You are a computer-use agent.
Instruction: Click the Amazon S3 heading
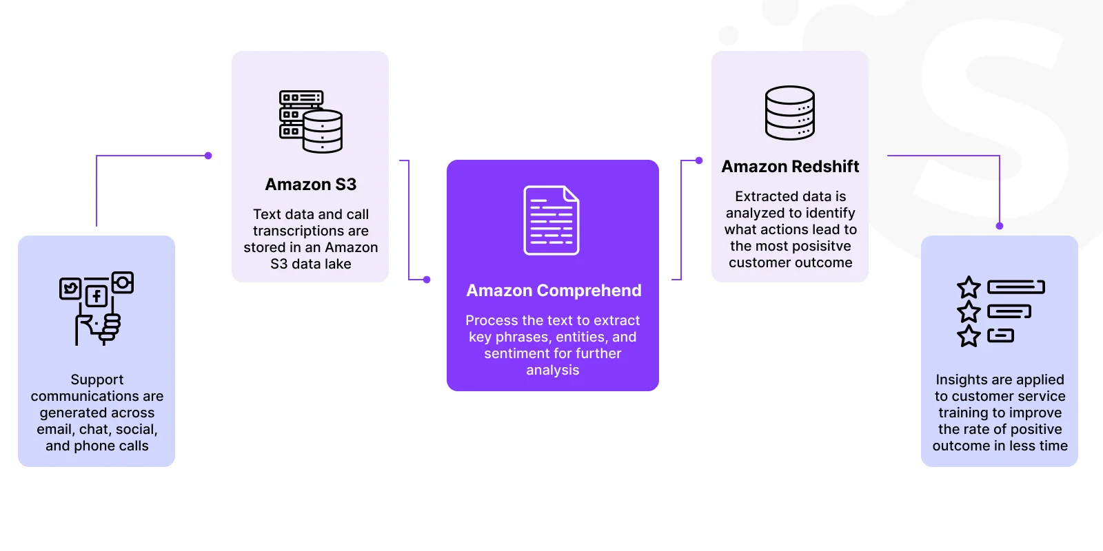pos(310,184)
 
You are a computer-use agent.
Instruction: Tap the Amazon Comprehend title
pos(554,290)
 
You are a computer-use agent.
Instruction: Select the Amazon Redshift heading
pos(790,166)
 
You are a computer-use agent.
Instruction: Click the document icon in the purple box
pos(551,220)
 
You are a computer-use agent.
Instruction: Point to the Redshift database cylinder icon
pos(790,113)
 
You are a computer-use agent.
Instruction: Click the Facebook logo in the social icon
pos(97,296)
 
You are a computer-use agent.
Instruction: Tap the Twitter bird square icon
pos(70,289)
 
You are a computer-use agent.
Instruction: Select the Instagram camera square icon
pos(123,282)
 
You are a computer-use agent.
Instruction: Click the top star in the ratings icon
pos(969,287)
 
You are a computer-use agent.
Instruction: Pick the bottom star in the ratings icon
pos(969,336)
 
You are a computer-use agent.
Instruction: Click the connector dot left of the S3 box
pos(208,156)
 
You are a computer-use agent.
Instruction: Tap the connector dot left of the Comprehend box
pos(427,280)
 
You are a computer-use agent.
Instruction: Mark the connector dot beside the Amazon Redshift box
pos(699,160)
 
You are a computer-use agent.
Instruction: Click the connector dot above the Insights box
pos(1000,226)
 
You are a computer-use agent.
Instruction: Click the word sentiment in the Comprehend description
pos(514,353)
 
